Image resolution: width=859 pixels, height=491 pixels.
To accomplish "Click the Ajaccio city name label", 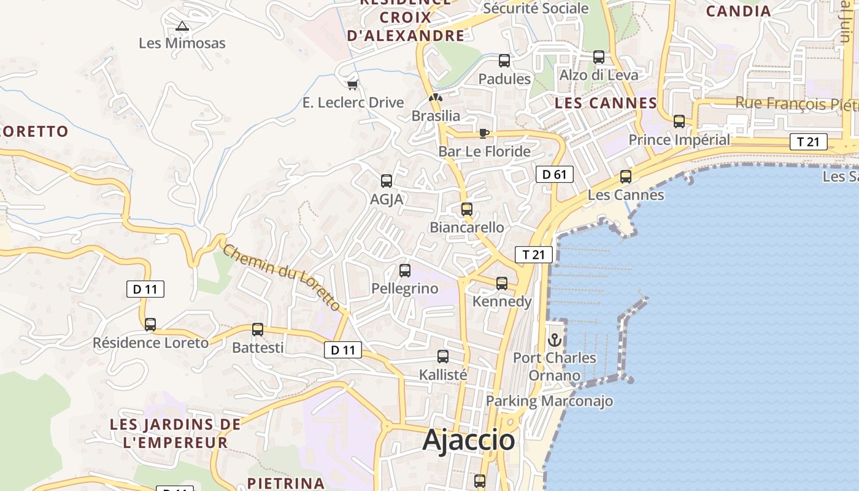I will pyautogui.click(x=469, y=440).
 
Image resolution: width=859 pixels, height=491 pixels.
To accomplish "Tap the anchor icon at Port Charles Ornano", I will pyautogui.click(x=555, y=339).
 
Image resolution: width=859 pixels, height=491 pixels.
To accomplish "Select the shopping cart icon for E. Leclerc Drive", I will pyautogui.click(x=352, y=85).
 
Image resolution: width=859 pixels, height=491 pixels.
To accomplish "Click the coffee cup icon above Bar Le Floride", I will pyautogui.click(x=484, y=133).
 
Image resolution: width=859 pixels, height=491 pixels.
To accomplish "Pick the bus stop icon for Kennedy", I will pyautogui.click(x=502, y=283).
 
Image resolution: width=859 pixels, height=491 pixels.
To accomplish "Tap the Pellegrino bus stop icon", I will pyautogui.click(x=405, y=271).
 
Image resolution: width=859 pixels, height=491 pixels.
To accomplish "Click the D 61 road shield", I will pyautogui.click(x=554, y=174).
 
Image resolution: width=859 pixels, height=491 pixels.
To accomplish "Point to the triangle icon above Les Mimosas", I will pyautogui.click(x=182, y=26).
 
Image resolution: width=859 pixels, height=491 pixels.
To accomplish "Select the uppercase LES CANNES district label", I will pyautogui.click(x=606, y=103).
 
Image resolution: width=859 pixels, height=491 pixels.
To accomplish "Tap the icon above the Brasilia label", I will pyautogui.click(x=435, y=98).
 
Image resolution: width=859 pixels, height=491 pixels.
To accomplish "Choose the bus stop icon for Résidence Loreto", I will pyautogui.click(x=150, y=325).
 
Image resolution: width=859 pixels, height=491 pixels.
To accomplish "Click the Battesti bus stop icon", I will pyautogui.click(x=258, y=330).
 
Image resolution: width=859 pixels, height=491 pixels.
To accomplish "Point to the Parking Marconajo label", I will pyautogui.click(x=549, y=401).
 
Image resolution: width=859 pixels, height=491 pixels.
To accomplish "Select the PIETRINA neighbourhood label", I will pyautogui.click(x=286, y=483).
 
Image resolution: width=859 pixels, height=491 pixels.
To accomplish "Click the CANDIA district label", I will pyautogui.click(x=738, y=11).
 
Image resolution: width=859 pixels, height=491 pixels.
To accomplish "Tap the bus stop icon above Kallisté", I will pyautogui.click(x=443, y=357).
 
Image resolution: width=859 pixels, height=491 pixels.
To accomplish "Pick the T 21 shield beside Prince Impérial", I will pyautogui.click(x=808, y=142).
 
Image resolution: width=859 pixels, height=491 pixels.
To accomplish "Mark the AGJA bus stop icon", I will pyautogui.click(x=387, y=181).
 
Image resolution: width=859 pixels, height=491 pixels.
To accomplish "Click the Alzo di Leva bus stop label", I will pyautogui.click(x=599, y=75).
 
